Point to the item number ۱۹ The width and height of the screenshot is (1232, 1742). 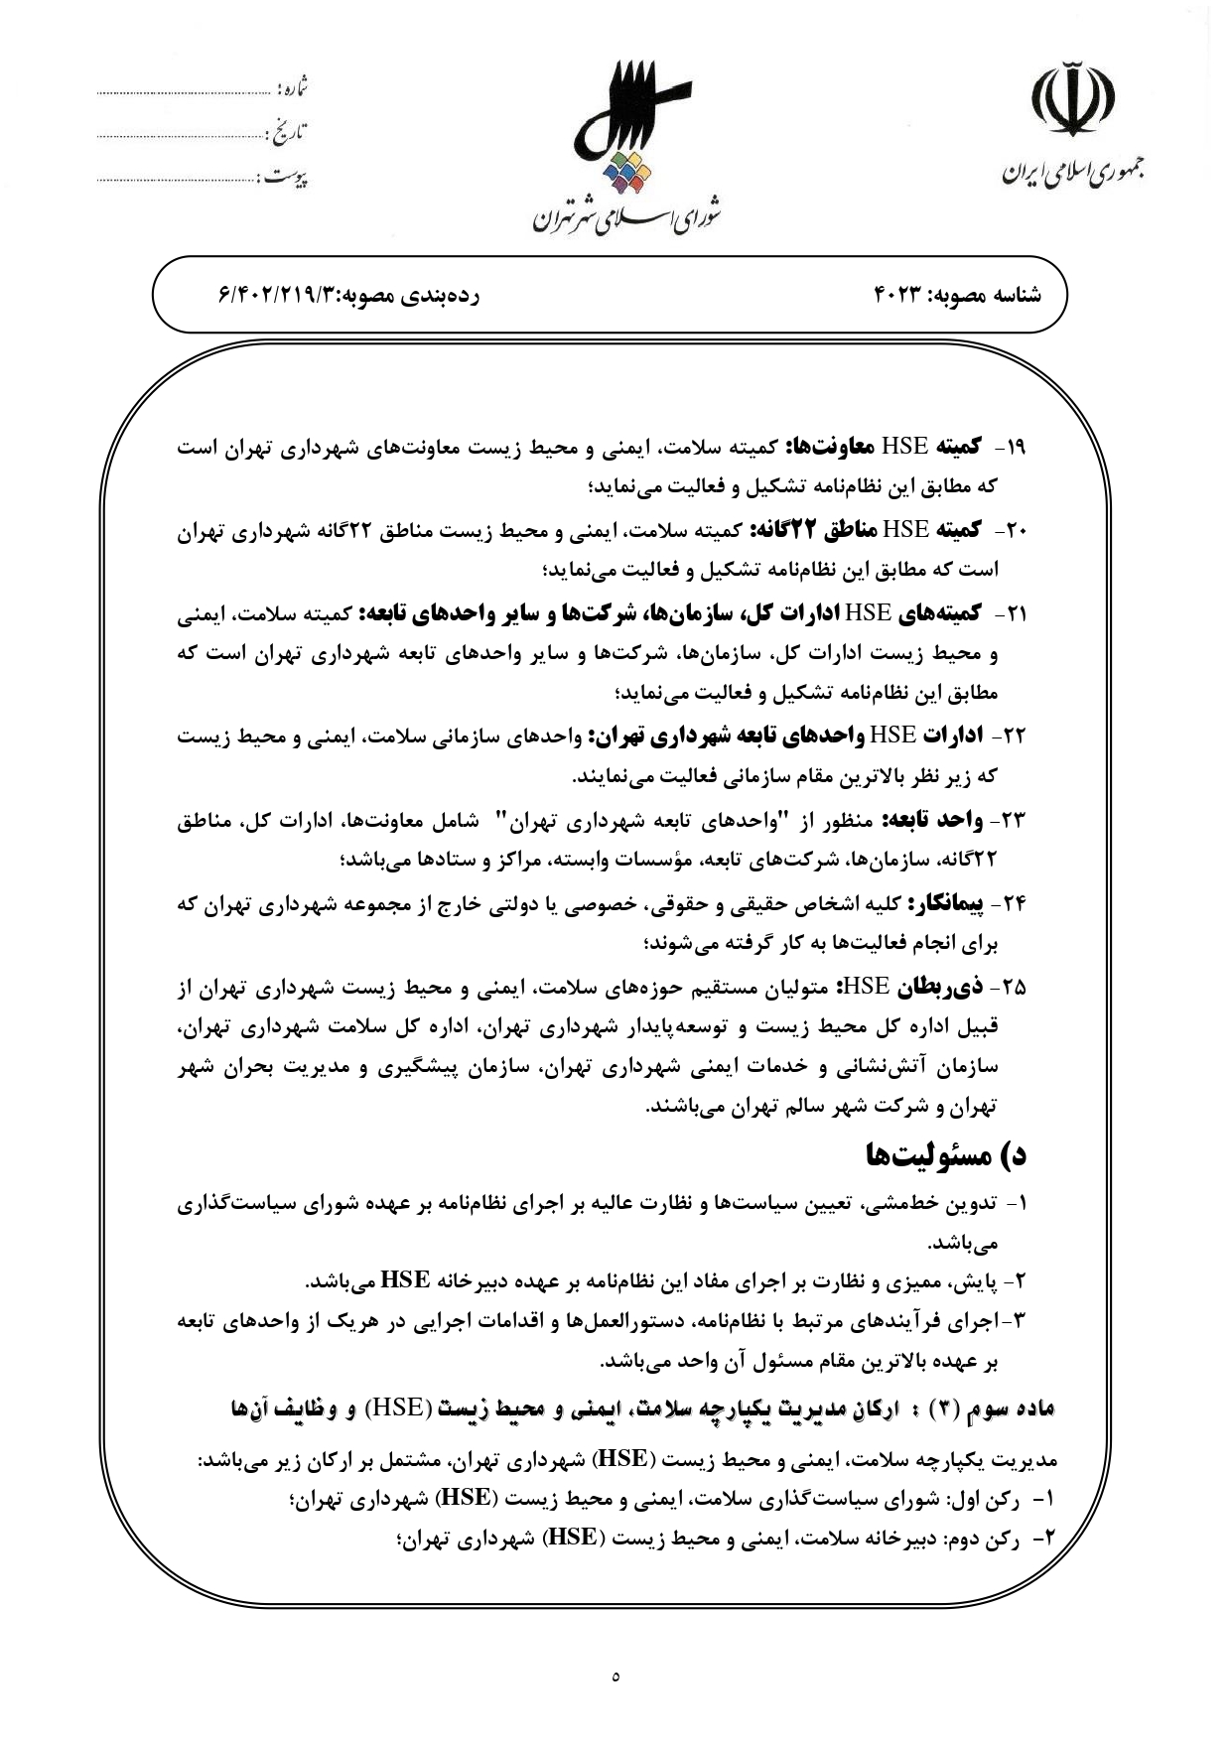coord(1014,448)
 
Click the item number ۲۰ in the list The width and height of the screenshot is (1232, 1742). coord(1013,531)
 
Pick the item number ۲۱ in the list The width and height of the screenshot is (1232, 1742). coord(1014,614)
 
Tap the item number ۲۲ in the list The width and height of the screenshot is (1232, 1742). coord(1013,737)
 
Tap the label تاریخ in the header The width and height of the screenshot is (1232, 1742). coord(288,133)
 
